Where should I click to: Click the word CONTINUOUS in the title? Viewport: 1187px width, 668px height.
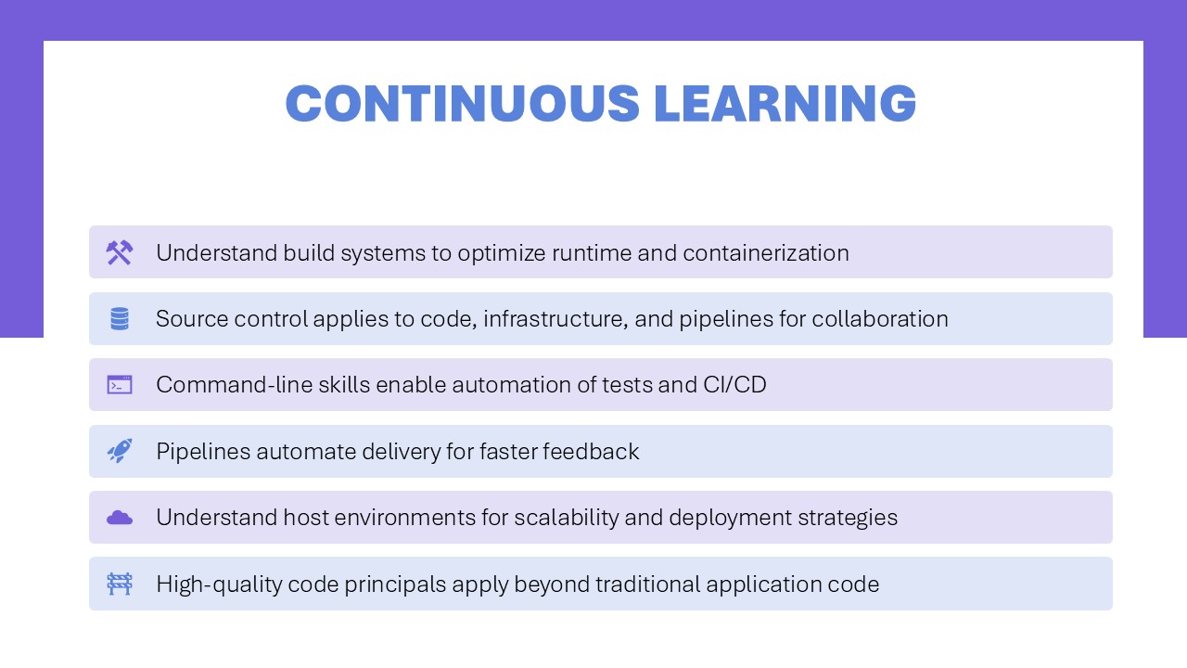coord(463,103)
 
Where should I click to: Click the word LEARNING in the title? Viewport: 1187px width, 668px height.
coord(785,103)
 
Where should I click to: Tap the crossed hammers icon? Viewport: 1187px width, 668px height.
coord(120,252)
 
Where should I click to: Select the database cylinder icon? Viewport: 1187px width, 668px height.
coord(120,318)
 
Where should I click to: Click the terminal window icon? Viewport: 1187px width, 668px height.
coord(120,385)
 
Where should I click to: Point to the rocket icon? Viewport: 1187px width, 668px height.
coord(120,451)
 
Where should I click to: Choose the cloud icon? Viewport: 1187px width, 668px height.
coord(120,518)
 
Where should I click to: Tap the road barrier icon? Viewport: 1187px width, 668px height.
coord(120,584)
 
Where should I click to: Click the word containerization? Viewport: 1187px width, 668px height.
coord(766,253)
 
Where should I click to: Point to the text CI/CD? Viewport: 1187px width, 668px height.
coord(734,385)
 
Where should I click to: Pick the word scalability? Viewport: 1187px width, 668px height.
coord(567,518)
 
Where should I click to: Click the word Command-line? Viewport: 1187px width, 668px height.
coord(235,385)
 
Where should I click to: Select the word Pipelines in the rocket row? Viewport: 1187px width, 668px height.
coord(203,452)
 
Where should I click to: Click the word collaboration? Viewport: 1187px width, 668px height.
coord(880,319)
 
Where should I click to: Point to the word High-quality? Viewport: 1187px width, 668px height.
coord(219,584)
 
